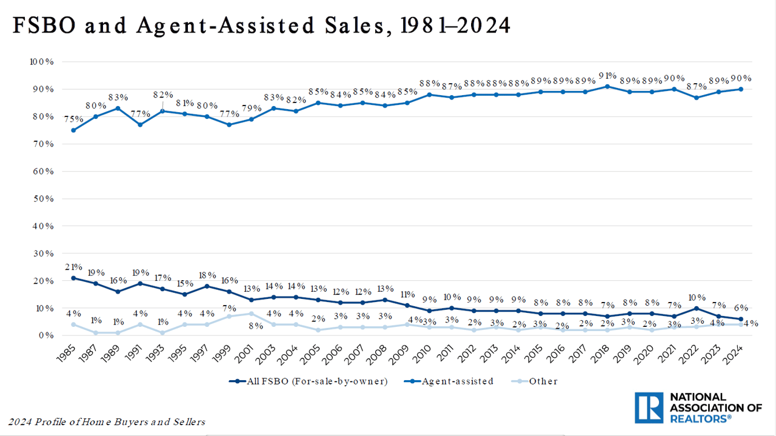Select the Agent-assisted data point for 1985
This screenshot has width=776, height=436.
click(73, 130)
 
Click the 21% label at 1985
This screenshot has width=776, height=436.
click(73, 267)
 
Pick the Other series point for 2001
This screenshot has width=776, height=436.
click(252, 314)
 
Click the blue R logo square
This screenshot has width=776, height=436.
click(650, 407)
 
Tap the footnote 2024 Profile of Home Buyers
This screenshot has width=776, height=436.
click(107, 421)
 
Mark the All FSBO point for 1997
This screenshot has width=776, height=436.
click(207, 286)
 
